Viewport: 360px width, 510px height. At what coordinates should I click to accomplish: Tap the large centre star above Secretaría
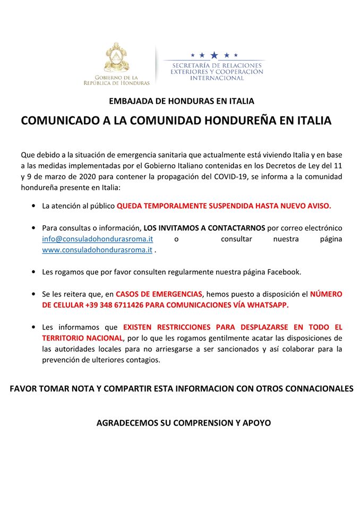(x=214, y=55)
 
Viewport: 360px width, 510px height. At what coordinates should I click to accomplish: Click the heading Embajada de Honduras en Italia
(x=182, y=101)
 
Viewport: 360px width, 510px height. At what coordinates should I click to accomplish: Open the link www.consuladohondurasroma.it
(x=97, y=250)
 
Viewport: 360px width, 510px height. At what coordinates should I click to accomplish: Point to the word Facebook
(x=284, y=272)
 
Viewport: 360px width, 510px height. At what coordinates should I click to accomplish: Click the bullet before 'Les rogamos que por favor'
(x=34, y=272)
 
